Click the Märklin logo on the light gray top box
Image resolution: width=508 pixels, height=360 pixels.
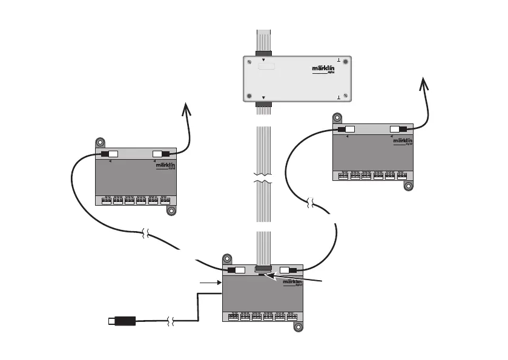(x=323, y=70)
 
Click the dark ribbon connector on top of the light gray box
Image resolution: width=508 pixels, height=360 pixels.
(x=263, y=53)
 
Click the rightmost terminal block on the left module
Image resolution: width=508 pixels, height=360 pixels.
(x=165, y=201)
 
